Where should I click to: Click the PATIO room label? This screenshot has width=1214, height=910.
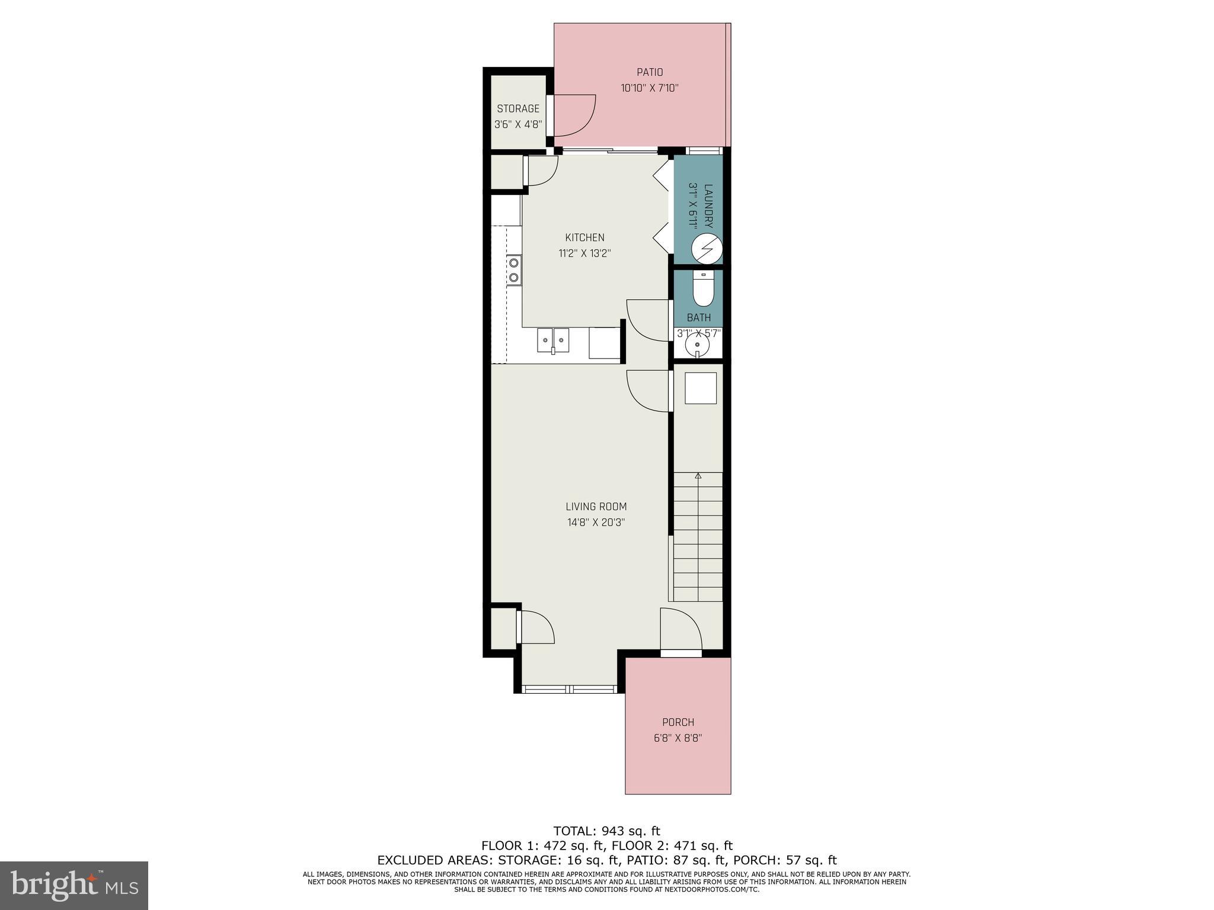tap(650, 72)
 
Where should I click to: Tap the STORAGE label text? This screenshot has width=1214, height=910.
tap(518, 108)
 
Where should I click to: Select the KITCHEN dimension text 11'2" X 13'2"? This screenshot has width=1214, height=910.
tap(584, 254)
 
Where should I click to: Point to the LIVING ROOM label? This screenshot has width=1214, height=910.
tap(596, 507)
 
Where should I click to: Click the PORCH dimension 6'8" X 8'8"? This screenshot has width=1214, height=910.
tap(678, 738)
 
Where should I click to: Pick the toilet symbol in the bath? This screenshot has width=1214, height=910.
tap(703, 289)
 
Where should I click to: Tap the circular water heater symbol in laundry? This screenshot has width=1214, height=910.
tap(707, 248)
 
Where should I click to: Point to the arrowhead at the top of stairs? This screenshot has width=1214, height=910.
tap(698, 475)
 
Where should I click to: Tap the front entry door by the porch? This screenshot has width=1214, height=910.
tap(682, 631)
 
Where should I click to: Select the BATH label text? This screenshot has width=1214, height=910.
tap(699, 318)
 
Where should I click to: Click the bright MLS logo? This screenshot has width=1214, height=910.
tap(74, 885)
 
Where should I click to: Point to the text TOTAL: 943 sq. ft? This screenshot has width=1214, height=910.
tap(606, 831)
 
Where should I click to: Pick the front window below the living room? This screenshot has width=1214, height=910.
tap(570, 689)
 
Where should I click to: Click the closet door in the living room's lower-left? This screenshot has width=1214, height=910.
tap(535, 627)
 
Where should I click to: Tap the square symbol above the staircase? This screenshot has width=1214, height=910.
tap(701, 389)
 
